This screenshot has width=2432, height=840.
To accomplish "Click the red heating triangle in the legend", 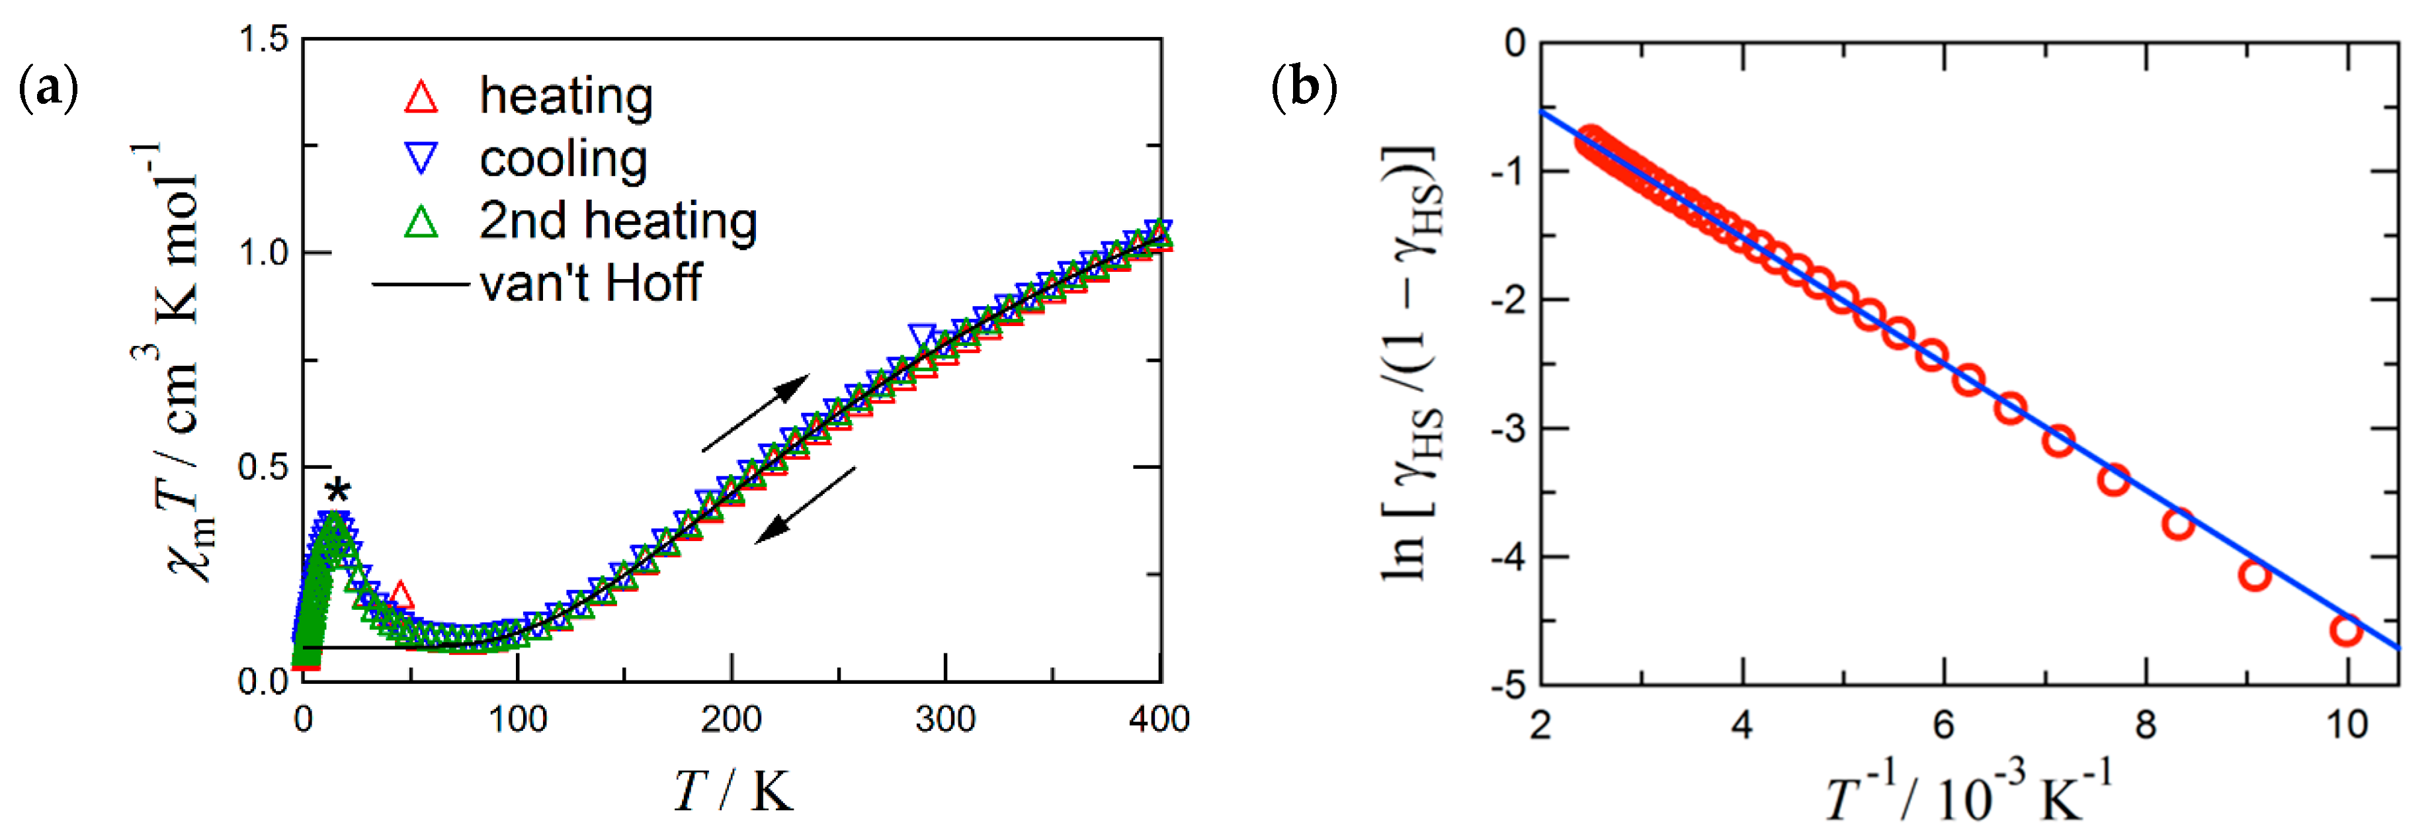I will pyautogui.click(x=421, y=97).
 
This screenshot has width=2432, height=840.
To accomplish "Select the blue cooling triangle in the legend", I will pyautogui.click(x=421, y=157).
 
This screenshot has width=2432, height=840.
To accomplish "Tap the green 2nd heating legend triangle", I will pyautogui.click(x=421, y=222).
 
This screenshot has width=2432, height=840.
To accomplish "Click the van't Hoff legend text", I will pyautogui.click(x=590, y=283).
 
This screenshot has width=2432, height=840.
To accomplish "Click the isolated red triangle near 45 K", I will pyautogui.click(x=400, y=595).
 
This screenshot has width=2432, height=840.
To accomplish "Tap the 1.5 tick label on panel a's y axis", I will pyautogui.click(x=263, y=40).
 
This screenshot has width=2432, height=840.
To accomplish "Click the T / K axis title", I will pyautogui.click(x=733, y=791).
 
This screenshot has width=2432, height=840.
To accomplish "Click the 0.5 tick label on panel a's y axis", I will pyautogui.click(x=263, y=467).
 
